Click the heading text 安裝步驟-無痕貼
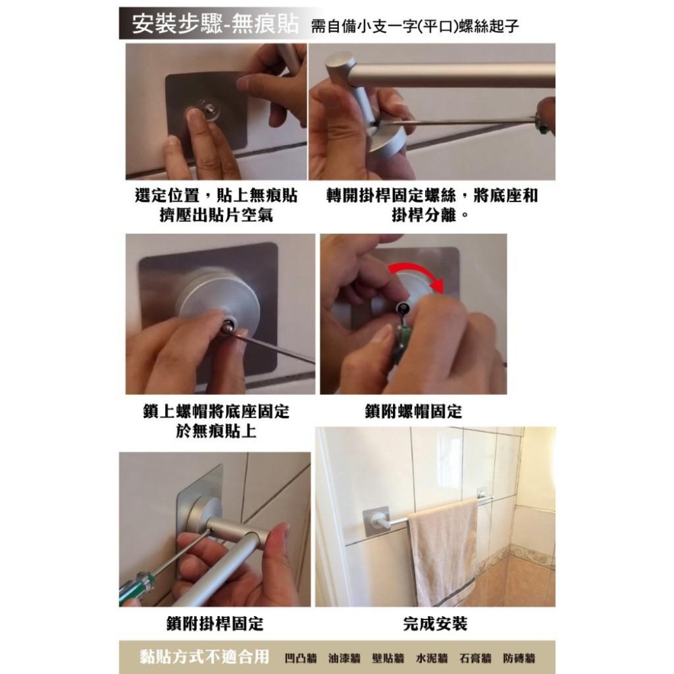(214, 24)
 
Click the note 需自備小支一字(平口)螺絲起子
(415, 26)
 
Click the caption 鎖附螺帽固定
(414, 411)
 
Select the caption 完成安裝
(435, 623)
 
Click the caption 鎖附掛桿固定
(215, 623)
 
